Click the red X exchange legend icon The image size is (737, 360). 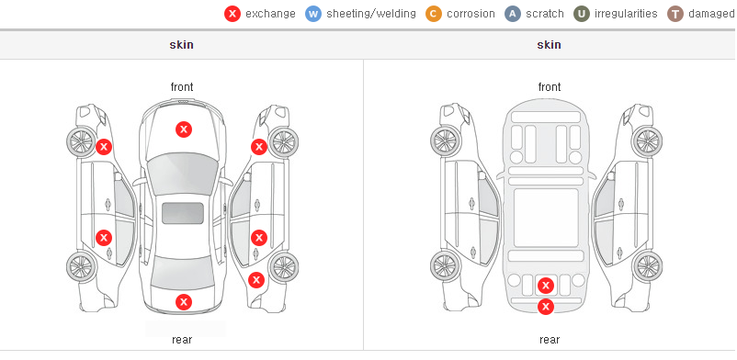232,14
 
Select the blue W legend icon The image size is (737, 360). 313,14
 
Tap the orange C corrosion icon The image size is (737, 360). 434,14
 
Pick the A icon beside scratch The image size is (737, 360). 513,14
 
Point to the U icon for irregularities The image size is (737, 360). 582,14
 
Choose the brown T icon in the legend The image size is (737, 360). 675,14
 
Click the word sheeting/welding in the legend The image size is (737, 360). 371,14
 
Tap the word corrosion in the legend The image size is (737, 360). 471,14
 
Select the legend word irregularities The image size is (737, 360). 626,14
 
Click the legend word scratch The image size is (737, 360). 545,14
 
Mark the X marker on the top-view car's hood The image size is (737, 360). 184,129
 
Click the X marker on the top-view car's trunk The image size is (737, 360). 184,302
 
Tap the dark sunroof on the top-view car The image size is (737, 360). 183,213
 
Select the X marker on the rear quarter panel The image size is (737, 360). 256,281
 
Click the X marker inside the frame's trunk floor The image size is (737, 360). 546,286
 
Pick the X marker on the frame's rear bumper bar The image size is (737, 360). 546,307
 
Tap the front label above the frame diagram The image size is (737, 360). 550,87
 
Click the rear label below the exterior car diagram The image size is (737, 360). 182,340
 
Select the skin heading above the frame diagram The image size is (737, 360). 549,45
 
